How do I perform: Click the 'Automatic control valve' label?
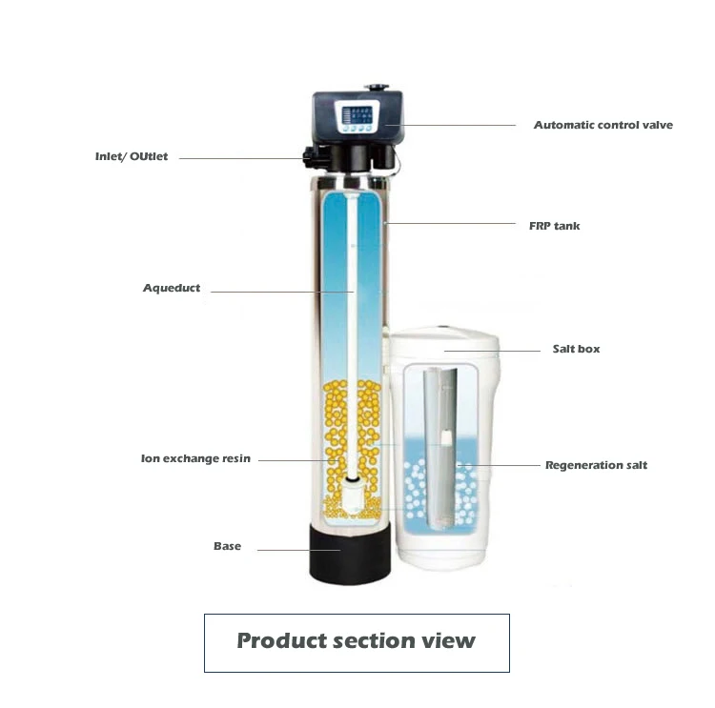pos(603,126)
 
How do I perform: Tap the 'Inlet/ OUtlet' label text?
pos(132,156)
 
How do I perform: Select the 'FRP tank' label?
pos(555,226)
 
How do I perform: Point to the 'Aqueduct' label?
pos(172,288)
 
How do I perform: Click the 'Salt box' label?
pos(576,350)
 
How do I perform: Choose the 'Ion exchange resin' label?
pos(195,459)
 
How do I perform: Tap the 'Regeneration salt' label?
pos(596,465)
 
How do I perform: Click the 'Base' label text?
pos(227,547)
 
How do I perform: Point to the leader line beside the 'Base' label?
pos(296,550)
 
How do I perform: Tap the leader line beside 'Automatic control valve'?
pos(458,125)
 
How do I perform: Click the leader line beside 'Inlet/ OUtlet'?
pos(238,158)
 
